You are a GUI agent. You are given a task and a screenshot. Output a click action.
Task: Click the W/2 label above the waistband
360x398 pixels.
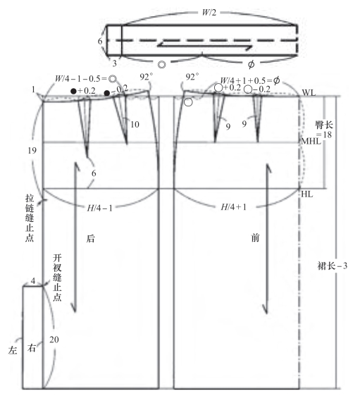click(x=209, y=13)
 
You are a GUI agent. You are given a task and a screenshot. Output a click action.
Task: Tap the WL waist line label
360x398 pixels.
click(x=309, y=93)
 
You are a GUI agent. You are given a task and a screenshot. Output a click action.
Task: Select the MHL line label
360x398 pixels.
click(x=311, y=141)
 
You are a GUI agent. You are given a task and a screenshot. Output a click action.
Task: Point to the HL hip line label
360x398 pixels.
click(x=307, y=194)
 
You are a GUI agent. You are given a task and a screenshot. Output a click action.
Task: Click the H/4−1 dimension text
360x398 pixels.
click(x=99, y=209)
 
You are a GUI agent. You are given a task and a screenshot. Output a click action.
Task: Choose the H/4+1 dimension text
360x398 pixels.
click(x=234, y=207)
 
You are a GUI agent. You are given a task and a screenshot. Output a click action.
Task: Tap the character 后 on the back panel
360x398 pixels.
click(x=90, y=239)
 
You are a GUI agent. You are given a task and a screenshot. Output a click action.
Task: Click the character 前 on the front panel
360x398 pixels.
click(x=255, y=238)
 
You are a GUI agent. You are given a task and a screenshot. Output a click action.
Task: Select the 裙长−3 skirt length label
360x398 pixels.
click(x=332, y=266)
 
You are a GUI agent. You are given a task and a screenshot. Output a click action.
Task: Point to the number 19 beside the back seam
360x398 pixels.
click(x=32, y=151)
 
